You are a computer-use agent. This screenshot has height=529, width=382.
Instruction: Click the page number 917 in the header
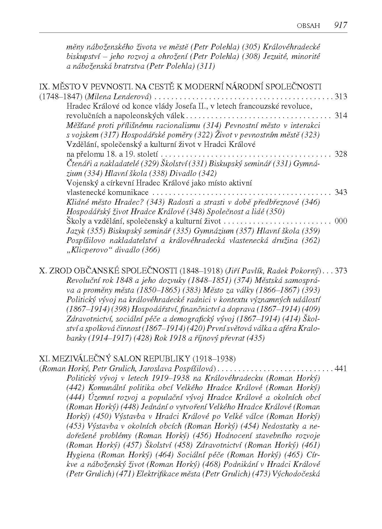(x=341, y=25)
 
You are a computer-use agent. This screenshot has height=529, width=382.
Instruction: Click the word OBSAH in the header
(x=308, y=26)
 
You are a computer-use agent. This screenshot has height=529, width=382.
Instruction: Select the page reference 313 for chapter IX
(x=341, y=97)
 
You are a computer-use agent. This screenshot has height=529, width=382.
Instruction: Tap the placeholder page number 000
(x=341, y=221)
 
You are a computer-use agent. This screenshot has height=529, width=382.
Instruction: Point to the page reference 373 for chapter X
(x=341, y=271)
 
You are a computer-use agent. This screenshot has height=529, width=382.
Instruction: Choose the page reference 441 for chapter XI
(x=341, y=369)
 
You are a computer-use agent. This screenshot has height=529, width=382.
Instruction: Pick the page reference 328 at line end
(x=341, y=154)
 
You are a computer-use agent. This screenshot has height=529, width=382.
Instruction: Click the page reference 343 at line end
(x=341, y=192)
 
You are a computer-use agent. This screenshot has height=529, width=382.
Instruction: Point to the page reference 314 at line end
(x=341, y=116)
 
